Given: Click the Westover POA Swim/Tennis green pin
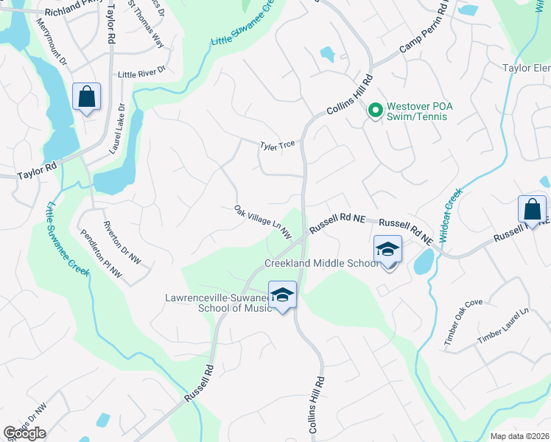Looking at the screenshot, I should pyautogui.click(x=375, y=111).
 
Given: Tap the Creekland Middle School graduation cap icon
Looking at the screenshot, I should pyautogui.click(x=387, y=250).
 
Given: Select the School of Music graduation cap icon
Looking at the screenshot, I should pyautogui.click(x=281, y=295).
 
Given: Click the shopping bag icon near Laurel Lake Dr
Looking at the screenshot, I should pyautogui.click(x=87, y=97).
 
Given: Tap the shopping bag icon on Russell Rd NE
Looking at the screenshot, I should pyautogui.click(x=532, y=210).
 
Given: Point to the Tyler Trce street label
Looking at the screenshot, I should pyautogui.click(x=277, y=146).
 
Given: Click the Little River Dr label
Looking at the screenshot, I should pyautogui.click(x=143, y=74).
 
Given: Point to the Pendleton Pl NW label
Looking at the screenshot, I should pyautogui.click(x=101, y=254).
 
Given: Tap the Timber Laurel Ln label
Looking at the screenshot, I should pyautogui.click(x=503, y=325).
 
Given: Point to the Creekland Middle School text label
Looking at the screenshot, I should pyautogui.click(x=322, y=263).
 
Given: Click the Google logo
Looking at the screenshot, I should pyautogui.click(x=24, y=433).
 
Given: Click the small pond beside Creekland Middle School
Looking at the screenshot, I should pyautogui.click(x=424, y=262).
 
